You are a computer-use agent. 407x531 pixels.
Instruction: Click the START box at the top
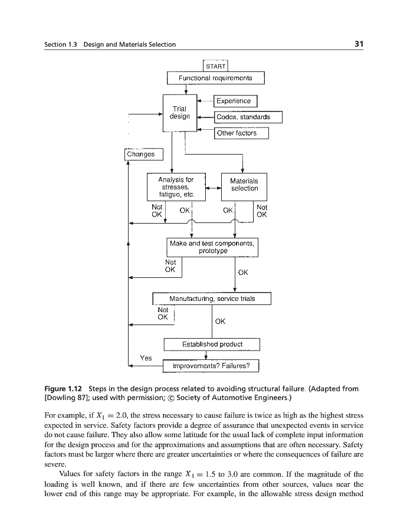click(215, 66)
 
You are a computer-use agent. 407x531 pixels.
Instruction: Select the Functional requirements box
click(215, 78)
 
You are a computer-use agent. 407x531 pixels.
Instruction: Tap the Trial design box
click(179, 113)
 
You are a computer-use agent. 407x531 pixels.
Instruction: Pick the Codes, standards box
click(243, 117)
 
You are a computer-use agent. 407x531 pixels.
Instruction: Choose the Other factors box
click(237, 133)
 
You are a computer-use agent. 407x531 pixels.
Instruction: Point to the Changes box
click(140, 154)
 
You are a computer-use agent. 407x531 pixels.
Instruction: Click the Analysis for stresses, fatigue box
click(176, 187)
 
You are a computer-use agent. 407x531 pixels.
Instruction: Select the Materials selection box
click(244, 184)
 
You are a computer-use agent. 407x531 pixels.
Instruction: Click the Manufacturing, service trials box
click(212, 299)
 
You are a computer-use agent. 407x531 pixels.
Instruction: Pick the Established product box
click(212, 344)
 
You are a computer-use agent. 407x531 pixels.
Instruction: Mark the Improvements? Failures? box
click(211, 366)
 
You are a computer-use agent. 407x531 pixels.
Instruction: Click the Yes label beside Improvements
click(146, 358)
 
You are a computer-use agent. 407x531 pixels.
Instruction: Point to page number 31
click(359, 44)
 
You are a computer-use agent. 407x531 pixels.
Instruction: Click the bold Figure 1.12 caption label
click(64, 389)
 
